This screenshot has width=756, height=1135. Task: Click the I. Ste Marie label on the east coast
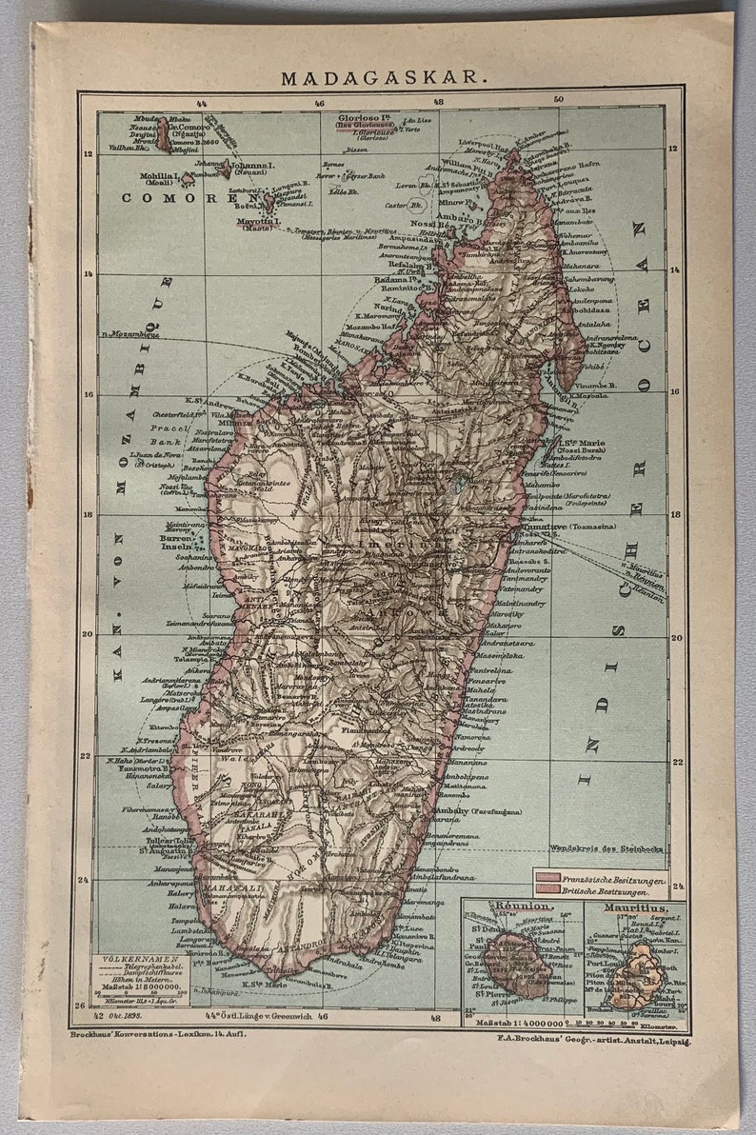click(581, 443)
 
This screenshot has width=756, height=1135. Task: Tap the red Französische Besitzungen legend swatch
click(548, 882)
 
